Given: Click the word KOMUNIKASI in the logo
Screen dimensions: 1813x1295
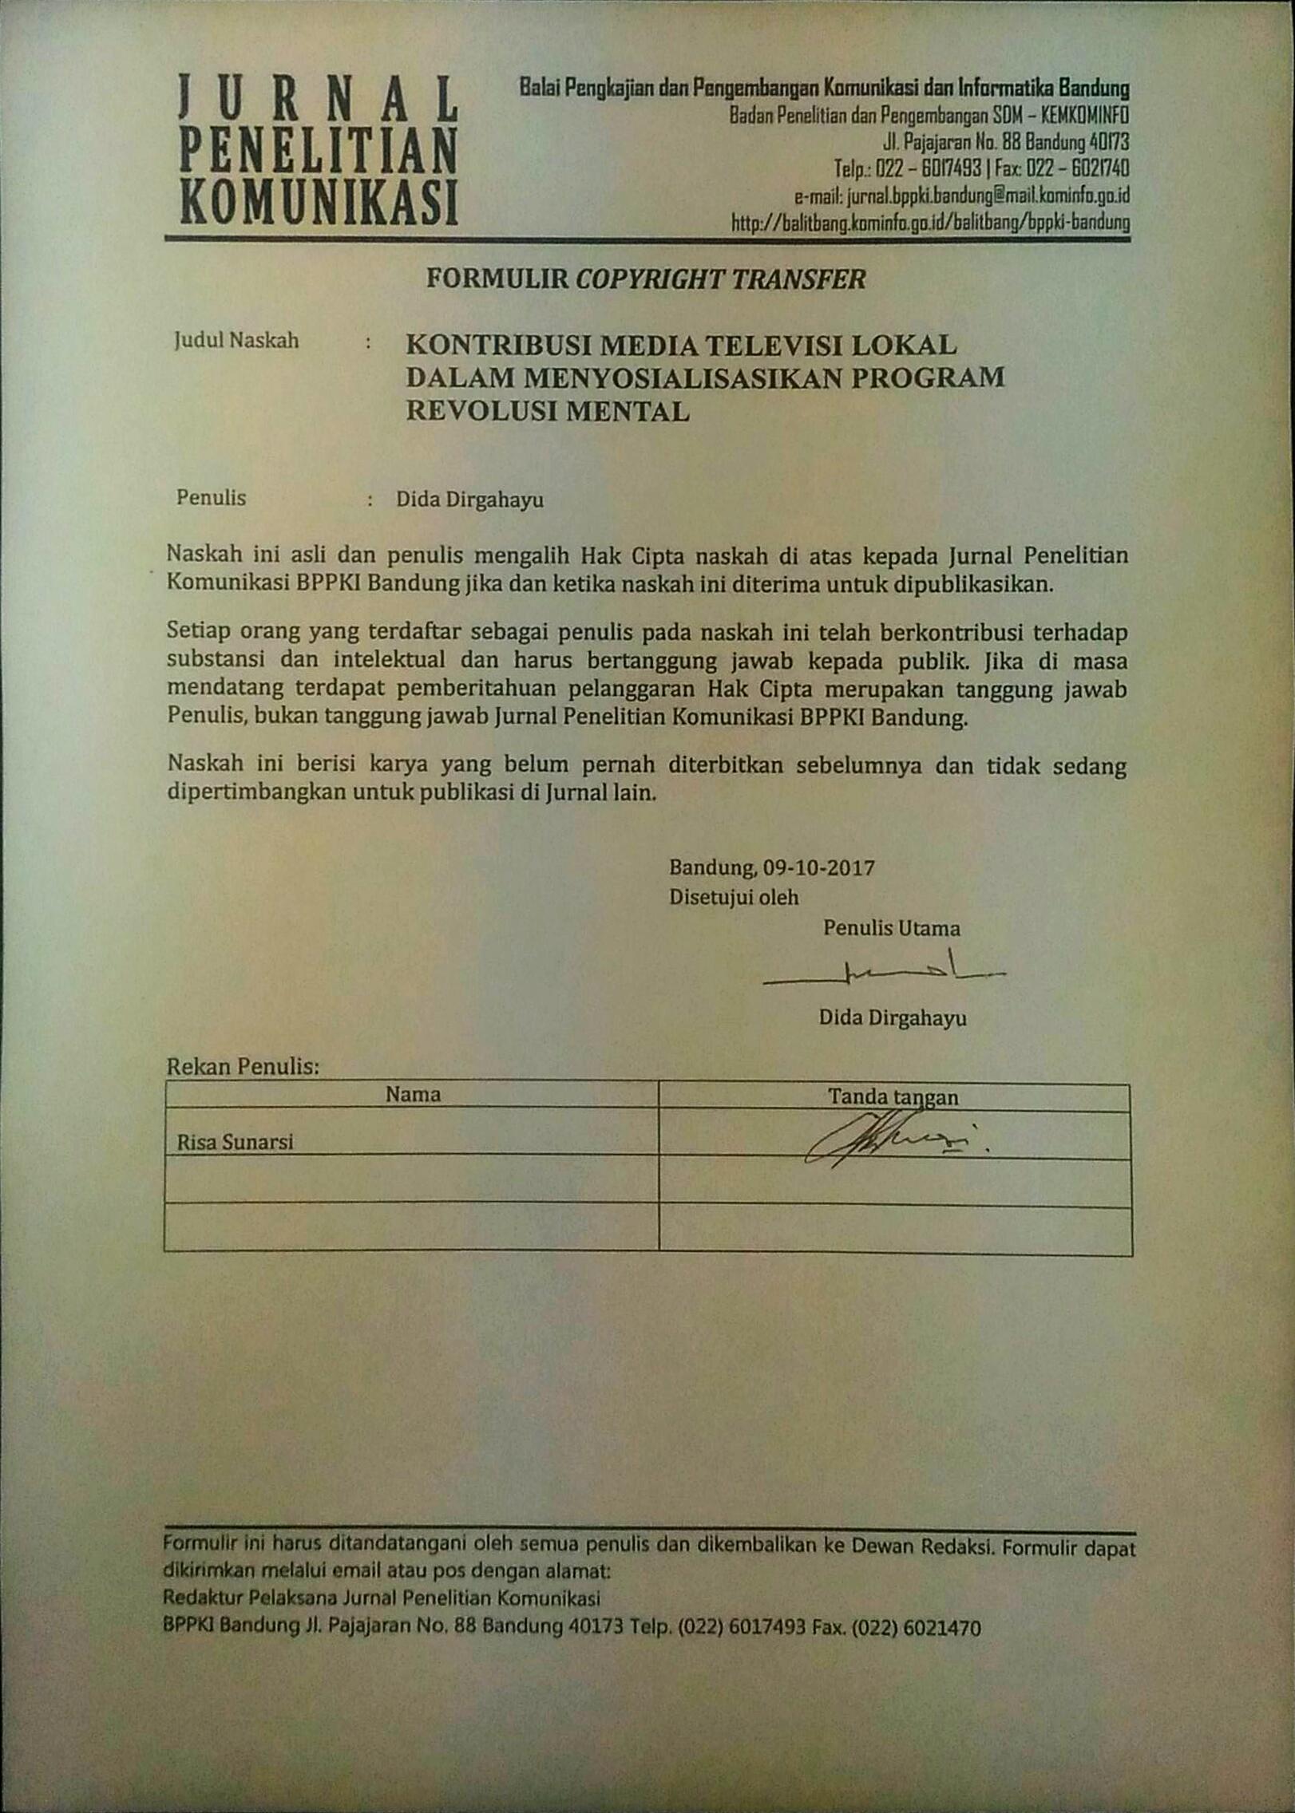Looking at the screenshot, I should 319,203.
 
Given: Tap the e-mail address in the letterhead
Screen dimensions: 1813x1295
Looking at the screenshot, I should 961,195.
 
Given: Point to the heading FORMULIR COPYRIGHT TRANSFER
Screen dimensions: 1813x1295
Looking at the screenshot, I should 645,278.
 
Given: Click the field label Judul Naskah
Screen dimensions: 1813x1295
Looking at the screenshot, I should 236,341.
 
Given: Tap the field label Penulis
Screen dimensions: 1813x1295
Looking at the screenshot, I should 211,498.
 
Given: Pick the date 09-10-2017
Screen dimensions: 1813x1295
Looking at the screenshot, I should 818,867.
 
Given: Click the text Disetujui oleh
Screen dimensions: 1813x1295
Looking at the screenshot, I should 734,897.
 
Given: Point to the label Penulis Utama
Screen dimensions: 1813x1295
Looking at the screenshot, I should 891,928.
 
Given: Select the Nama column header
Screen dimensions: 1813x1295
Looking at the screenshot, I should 413,1094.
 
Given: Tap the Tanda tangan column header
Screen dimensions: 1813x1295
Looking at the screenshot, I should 893,1097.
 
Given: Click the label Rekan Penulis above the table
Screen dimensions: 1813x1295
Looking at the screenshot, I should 243,1066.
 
